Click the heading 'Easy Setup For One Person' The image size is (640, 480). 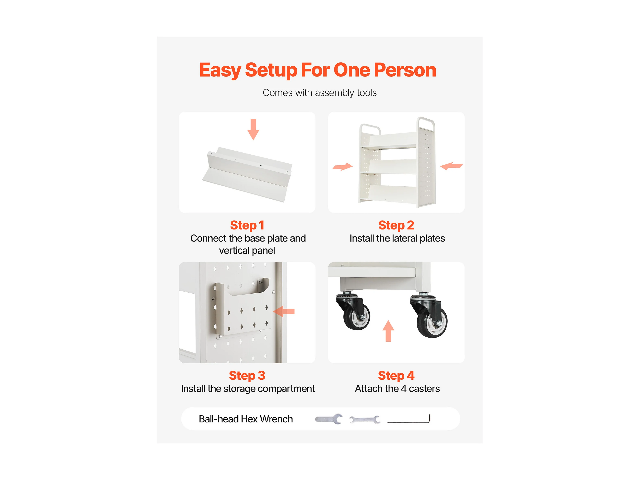point(318,70)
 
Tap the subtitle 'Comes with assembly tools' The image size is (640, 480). point(319,93)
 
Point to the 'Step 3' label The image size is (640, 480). point(247,376)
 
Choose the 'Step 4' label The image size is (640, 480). point(396,376)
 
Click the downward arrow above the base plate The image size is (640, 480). point(253,129)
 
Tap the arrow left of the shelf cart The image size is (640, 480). point(343,167)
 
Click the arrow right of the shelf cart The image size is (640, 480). point(451,166)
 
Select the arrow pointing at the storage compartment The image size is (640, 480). point(284,312)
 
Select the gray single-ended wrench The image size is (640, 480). point(329,419)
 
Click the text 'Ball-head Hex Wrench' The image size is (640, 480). point(246,419)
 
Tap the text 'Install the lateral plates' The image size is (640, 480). point(397,238)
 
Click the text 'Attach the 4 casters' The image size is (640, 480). point(397,389)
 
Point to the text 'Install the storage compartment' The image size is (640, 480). point(248,389)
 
